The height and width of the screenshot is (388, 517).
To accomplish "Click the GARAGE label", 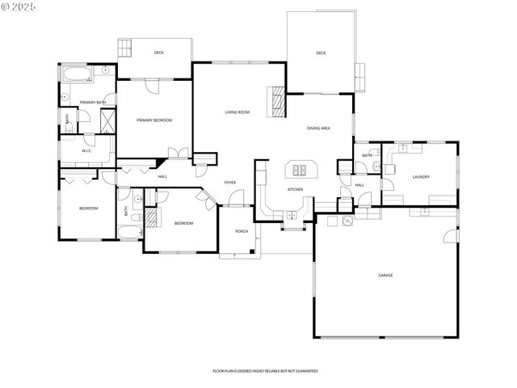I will tap(385, 276).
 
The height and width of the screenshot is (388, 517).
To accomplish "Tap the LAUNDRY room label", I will tap(420, 177).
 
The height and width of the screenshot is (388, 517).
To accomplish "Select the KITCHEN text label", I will tap(295, 190).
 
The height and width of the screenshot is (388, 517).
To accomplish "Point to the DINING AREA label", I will tap(318, 129).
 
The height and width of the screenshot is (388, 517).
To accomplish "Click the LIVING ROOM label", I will tap(237, 112).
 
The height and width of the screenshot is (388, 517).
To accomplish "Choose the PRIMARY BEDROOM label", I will tap(154, 120).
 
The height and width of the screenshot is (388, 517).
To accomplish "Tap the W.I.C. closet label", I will tap(88, 151).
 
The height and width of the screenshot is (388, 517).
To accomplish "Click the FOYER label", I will tap(230, 183).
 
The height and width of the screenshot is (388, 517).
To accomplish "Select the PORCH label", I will tap(241, 231).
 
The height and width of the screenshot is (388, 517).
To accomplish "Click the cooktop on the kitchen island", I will tap(301, 170).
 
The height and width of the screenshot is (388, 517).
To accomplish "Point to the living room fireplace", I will tap(278, 102).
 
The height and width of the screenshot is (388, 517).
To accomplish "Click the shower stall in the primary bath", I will tap(106, 121).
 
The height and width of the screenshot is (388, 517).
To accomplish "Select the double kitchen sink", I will tap(291, 214).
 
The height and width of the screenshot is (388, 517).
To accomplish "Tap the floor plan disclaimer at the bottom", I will tap(265, 370).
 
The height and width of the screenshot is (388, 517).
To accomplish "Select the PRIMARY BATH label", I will tap(92, 102).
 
